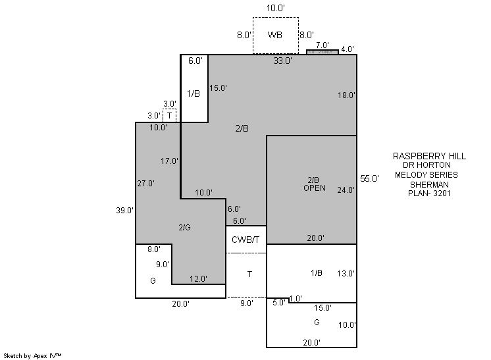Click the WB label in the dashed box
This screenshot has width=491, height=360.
point(275,35)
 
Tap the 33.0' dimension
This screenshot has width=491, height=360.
point(283,61)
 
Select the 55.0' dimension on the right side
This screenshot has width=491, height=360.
point(370,178)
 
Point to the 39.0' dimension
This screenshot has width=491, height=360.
point(125,211)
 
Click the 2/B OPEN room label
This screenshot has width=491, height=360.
point(314,184)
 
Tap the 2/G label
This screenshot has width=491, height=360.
point(184,227)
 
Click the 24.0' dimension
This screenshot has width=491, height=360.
point(346,190)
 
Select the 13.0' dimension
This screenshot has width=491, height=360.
point(346,273)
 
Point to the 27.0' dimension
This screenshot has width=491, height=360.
point(145,184)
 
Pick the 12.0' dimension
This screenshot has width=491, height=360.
point(198,279)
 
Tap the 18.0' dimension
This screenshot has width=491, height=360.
point(346,95)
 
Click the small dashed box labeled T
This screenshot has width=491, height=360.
point(170,115)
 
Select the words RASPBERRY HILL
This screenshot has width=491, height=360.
point(429,157)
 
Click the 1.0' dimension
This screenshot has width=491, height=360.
point(296,298)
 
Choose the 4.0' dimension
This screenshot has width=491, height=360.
point(348,49)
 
